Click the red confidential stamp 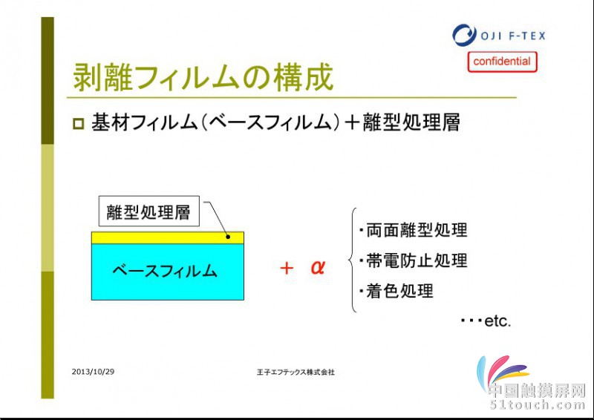[503, 62]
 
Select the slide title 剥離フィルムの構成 [203, 77]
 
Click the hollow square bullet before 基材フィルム [79, 124]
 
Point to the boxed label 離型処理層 [149, 211]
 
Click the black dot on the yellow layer [228, 237]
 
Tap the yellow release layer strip [168, 238]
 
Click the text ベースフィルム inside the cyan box [165, 271]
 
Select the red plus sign [287, 268]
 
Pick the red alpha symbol [318, 267]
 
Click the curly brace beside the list [351, 260]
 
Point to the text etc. [497, 321]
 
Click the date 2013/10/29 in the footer [93, 372]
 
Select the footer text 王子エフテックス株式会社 [296, 373]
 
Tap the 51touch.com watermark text [537, 405]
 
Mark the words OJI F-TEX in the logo [513, 36]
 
